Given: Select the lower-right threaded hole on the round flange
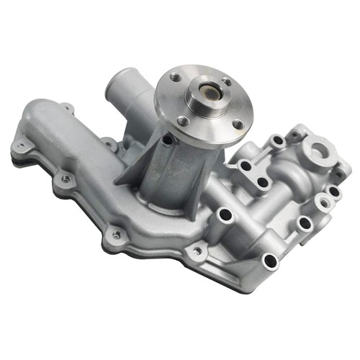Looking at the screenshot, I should coord(238,125).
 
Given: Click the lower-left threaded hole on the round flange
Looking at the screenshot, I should coord(183,121).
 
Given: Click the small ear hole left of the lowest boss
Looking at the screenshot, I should coord(196,251).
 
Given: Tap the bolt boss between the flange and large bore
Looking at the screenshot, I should coord(276,140).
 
